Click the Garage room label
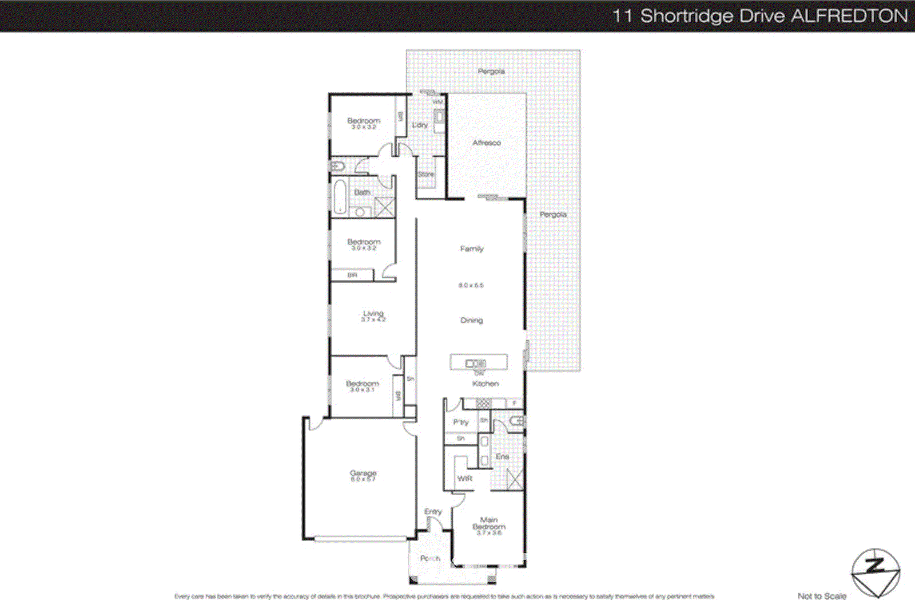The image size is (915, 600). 363,473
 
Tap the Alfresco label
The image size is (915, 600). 487,143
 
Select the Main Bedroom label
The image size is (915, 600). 489,524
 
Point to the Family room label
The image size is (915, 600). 472,248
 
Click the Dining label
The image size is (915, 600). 472,320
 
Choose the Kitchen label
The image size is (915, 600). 486,384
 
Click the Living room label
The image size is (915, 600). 373,314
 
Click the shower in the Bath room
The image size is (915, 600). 384,207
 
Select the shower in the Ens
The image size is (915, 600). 515,479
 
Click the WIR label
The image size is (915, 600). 465,478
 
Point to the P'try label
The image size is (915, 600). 461,422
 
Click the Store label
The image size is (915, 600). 426,174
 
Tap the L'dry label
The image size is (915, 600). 420,125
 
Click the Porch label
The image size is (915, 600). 430,558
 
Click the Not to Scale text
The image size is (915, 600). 822,596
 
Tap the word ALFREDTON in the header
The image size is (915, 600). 849,15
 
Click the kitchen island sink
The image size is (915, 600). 475,363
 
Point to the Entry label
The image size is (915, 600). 433,511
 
